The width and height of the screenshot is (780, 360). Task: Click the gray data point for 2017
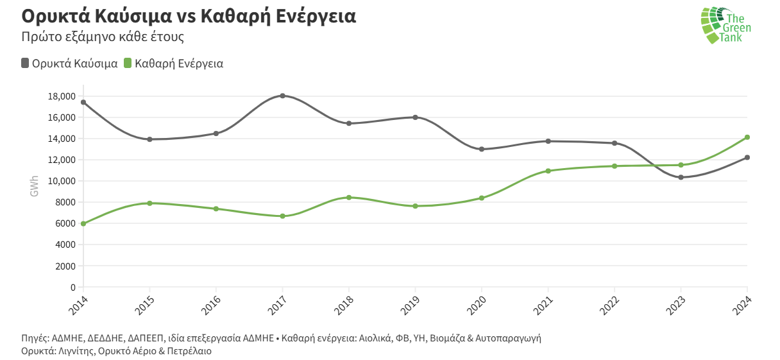(282, 96)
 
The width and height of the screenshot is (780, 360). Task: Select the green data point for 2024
(747, 137)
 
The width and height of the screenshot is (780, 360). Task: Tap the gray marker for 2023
(681, 177)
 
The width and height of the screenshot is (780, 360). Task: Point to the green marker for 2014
(83, 223)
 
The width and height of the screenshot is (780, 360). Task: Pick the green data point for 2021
(548, 171)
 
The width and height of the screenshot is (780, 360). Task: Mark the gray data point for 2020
(482, 149)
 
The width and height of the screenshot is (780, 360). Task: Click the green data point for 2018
(349, 198)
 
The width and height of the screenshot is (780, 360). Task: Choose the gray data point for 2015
(149, 139)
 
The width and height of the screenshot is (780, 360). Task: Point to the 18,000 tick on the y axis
(61, 96)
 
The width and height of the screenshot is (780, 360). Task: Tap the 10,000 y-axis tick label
(61, 181)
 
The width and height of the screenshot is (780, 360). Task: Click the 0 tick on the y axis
(72, 287)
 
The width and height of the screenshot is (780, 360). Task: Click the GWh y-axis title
(34, 186)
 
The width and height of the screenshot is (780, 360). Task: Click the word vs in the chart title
(187, 16)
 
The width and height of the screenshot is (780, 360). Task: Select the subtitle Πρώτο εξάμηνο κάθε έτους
(103, 37)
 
